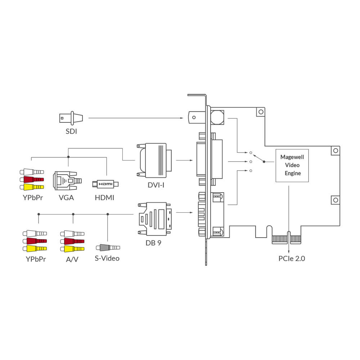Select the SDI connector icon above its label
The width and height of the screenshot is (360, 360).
(x=71, y=117)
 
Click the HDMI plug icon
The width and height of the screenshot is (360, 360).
(x=105, y=184)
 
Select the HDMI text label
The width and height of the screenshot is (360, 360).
(x=104, y=197)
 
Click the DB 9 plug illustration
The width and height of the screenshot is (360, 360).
(x=155, y=219)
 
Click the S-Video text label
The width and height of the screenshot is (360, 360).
(x=108, y=258)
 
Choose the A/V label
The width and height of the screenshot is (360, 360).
(x=72, y=259)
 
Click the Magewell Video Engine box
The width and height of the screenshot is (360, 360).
(x=292, y=165)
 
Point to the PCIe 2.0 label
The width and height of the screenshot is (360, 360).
(x=292, y=258)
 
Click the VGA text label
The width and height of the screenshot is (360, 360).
(x=66, y=197)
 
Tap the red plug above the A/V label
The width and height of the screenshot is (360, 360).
(x=72, y=241)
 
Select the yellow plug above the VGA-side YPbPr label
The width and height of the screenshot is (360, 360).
(x=32, y=187)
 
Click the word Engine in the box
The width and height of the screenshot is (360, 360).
(x=292, y=174)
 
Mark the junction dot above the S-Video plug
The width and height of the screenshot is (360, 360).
(x=108, y=214)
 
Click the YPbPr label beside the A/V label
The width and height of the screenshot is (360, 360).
(x=36, y=259)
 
